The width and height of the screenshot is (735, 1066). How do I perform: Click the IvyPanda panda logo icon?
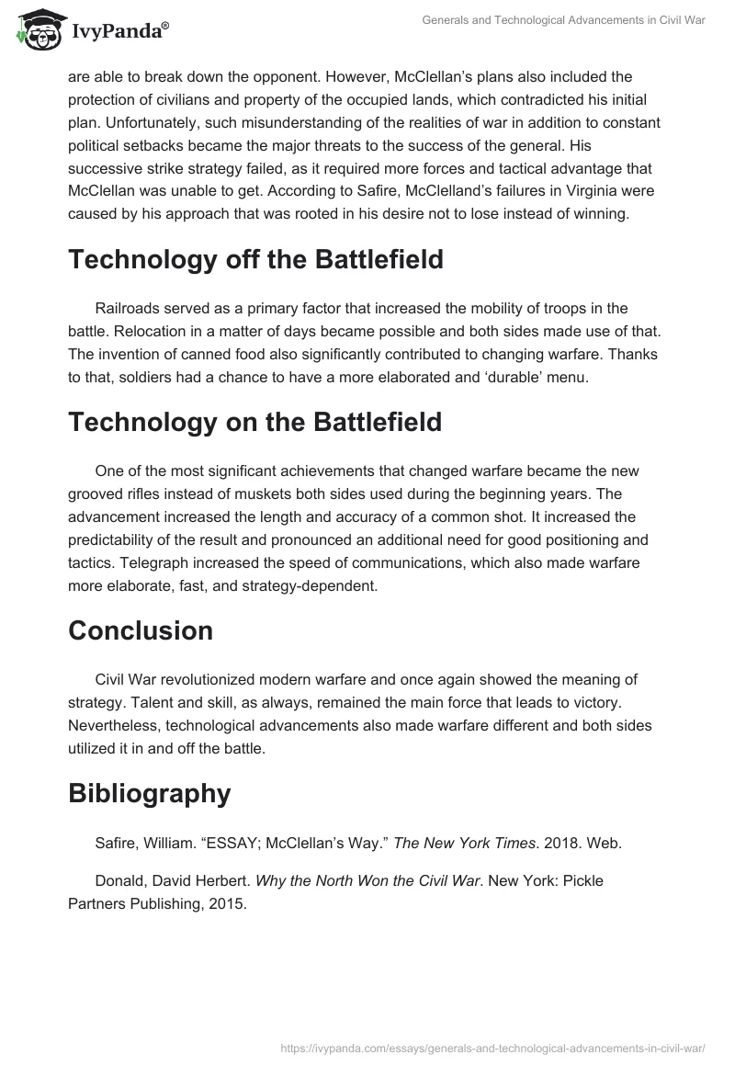coord(36,28)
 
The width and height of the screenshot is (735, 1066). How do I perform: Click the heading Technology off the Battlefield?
coord(255,259)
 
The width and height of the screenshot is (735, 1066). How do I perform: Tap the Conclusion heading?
coord(140,630)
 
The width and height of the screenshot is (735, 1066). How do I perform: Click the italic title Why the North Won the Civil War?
coord(367,880)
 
